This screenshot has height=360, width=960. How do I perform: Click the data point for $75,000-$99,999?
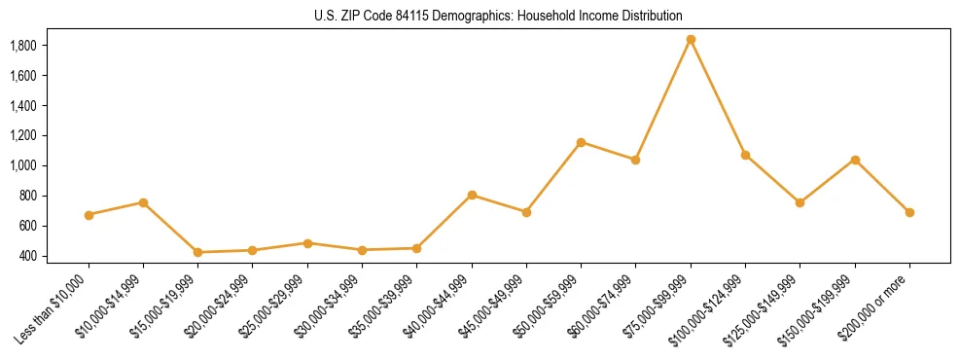point(691,40)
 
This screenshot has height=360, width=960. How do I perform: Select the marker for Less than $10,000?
point(89,215)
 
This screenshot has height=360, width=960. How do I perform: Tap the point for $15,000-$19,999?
point(198,252)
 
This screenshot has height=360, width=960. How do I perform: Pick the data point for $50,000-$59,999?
point(581,142)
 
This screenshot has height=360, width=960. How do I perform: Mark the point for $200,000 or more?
point(909,212)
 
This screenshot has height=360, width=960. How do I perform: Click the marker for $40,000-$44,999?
point(472,195)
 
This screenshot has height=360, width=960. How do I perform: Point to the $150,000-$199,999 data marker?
point(855,160)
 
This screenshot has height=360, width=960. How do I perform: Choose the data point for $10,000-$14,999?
point(143,202)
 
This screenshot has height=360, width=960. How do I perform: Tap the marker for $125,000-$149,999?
point(800,202)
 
